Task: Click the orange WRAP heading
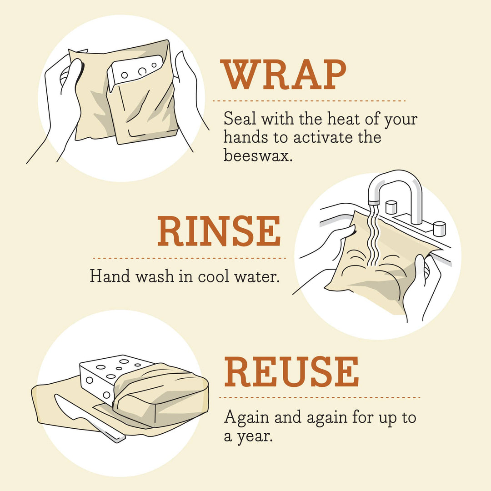pos(284,75)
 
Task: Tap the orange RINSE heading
pos(219,232)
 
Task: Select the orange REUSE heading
pos(291,373)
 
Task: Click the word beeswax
pos(256,155)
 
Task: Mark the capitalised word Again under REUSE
pos(246,417)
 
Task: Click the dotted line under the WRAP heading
pos(309,100)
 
